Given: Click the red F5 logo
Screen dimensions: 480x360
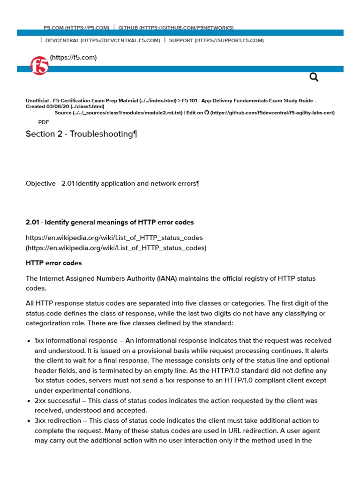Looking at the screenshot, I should tap(39, 66).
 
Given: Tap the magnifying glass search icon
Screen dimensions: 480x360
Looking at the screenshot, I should tap(314, 77).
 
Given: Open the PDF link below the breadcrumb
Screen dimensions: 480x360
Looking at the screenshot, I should tap(44, 122).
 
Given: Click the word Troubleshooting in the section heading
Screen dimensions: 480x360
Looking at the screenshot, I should tap(101, 134).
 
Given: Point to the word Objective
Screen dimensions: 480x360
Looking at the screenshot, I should tap(40, 183).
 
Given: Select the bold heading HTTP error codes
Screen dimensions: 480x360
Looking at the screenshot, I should tap(53, 263).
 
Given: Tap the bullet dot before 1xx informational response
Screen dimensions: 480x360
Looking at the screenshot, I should tap(29, 341).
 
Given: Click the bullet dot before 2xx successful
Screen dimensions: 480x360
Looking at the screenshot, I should tap(29, 401).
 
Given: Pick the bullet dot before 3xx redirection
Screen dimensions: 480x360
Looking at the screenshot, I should tap(29, 421).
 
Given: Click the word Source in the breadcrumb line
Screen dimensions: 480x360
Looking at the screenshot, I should tap(63, 112).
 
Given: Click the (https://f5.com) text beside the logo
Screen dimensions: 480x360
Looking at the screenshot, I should tap(73, 58).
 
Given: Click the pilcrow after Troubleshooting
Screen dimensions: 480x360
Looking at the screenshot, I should tap(135, 134).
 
